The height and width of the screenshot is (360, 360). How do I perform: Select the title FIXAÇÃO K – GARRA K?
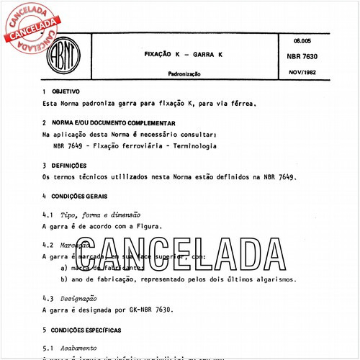pos(174,54)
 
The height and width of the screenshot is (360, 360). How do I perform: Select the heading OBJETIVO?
pos(71,92)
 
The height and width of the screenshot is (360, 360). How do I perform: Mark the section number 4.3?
pos(48,298)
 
